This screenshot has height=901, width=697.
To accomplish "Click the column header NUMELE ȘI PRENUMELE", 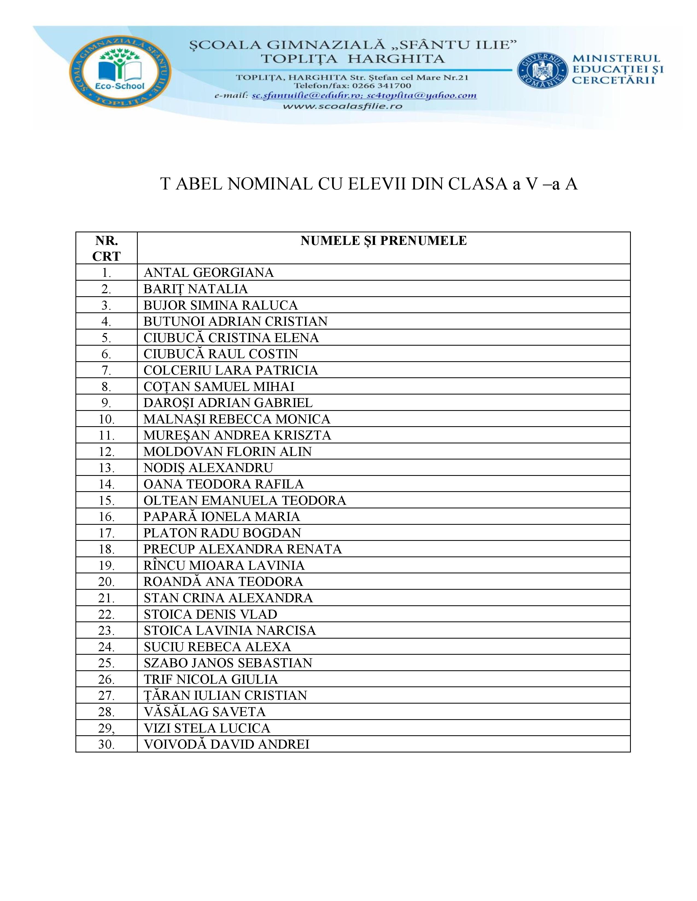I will point(383,241).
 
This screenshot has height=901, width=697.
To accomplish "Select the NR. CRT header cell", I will point(107,248).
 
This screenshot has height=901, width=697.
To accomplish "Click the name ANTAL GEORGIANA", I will point(209,273).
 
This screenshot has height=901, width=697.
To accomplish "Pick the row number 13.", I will point(107,468).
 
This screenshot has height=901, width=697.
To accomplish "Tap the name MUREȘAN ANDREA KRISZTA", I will point(237,435).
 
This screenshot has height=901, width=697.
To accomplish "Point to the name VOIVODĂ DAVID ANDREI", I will point(226,745).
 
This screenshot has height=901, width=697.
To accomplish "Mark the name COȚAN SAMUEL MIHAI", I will point(219,387).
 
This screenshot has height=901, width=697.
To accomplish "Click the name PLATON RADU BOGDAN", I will point(222,533).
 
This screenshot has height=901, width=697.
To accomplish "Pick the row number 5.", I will point(107,338).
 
